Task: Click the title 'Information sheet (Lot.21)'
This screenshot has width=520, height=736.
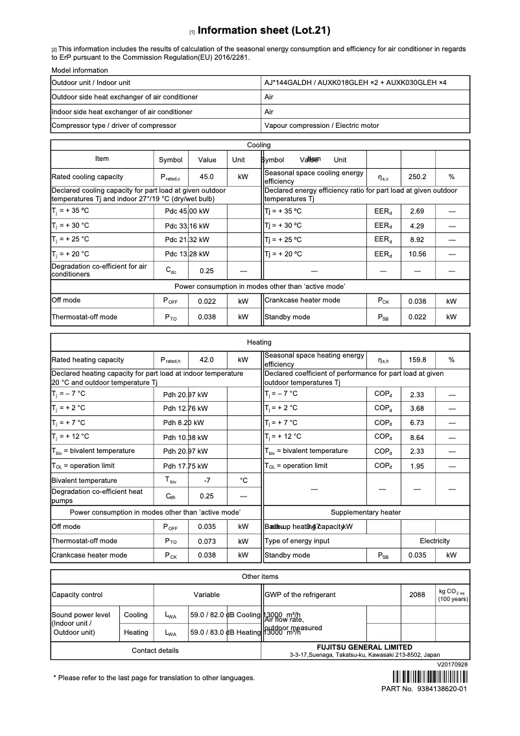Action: (264, 31)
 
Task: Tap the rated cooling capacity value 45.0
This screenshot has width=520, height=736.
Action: (207, 177)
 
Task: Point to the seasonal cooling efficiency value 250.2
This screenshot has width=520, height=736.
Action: (417, 177)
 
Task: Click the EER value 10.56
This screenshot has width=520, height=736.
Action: (417, 254)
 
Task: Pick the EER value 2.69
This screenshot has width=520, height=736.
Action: (417, 211)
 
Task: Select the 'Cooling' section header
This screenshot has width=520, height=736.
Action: (259, 145)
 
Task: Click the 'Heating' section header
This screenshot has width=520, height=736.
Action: (259, 342)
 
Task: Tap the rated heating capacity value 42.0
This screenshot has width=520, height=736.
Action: (207, 360)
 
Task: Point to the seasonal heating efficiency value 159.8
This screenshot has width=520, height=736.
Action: (417, 360)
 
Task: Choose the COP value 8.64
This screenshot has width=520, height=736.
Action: (417, 437)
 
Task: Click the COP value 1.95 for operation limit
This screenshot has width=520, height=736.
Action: (417, 465)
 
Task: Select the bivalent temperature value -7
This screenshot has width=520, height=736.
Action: (207, 480)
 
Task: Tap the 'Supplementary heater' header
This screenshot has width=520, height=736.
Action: (366, 512)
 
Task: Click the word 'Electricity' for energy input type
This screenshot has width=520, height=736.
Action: (434, 541)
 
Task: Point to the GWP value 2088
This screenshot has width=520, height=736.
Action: (417, 595)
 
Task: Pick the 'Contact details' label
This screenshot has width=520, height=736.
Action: (155, 650)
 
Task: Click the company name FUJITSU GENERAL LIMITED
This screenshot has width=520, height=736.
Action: (364, 647)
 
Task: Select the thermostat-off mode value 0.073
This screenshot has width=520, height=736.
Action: (207, 541)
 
